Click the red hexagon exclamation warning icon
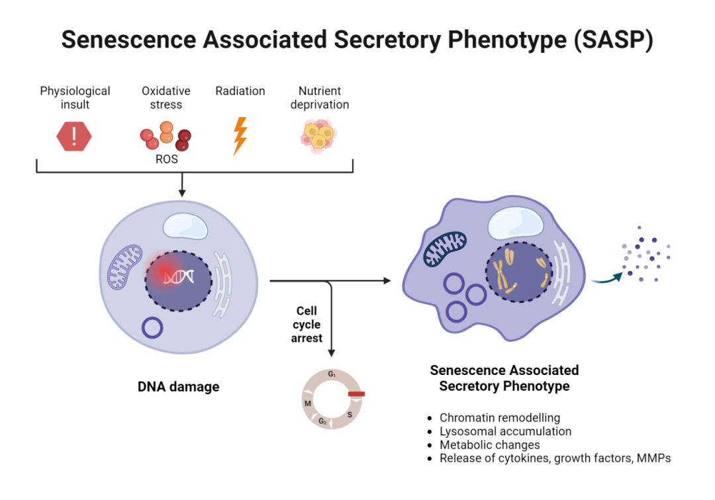pyautogui.click(x=74, y=136)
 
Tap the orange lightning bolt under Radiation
pyautogui.click(x=240, y=136)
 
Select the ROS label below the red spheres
pyautogui.click(x=167, y=159)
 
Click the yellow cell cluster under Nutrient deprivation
pyautogui.click(x=318, y=136)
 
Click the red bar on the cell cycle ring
pyautogui.click(x=356, y=394)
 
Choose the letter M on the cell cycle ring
pyautogui.click(x=307, y=403)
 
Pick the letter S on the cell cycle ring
pyautogui.click(x=349, y=415)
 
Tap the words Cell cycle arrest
pyautogui.click(x=307, y=324)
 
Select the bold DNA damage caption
pyautogui.click(x=178, y=386)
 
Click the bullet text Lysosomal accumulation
pyautogui.click(x=505, y=431)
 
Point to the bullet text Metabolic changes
pyautogui.click(x=489, y=444)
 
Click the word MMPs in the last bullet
pyautogui.click(x=654, y=458)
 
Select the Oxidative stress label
pyautogui.click(x=166, y=97)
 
